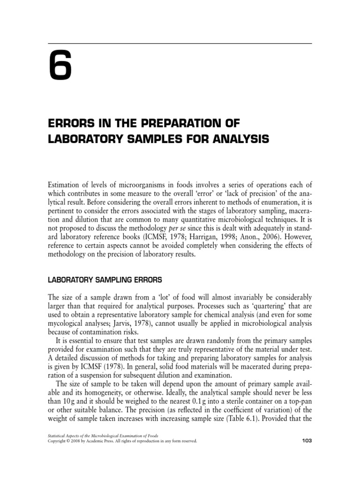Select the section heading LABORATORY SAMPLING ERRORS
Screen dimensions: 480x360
point(105,280)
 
